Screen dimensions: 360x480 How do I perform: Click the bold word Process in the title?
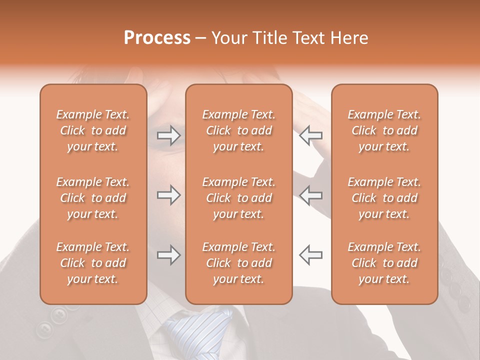tap(157, 38)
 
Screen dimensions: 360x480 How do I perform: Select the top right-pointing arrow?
tap(169, 135)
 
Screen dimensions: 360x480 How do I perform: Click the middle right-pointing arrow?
tap(169, 195)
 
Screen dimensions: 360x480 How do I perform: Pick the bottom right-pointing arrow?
tap(169, 255)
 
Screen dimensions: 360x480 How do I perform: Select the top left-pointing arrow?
tap(311, 135)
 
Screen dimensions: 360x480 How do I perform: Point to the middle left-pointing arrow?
tap(311, 195)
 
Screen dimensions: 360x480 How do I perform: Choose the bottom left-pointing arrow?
tap(311, 255)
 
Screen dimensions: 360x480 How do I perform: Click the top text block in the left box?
tap(93, 130)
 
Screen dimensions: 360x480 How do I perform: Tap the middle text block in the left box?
tap(93, 198)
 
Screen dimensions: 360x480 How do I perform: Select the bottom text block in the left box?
tap(93, 263)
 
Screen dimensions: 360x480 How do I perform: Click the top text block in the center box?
tap(239, 130)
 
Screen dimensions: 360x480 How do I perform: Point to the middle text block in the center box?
tap(239, 198)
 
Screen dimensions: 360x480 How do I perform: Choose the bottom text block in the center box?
tap(239, 263)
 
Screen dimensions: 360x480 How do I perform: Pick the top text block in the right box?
tap(384, 130)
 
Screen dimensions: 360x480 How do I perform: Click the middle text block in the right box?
tap(384, 198)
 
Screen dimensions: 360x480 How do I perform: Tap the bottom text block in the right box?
tap(384, 263)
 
